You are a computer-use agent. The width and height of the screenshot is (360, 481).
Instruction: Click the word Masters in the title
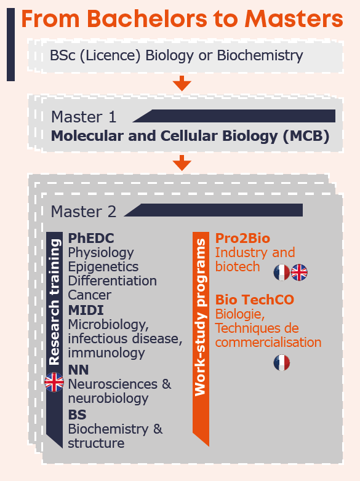click(x=294, y=18)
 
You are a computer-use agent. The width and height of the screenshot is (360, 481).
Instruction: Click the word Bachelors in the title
click(x=147, y=18)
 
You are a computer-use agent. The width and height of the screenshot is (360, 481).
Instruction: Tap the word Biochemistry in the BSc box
click(x=260, y=55)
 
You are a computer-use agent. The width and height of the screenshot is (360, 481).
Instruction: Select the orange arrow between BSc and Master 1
click(x=182, y=83)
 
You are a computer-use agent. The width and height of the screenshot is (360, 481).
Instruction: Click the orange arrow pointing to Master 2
click(x=182, y=162)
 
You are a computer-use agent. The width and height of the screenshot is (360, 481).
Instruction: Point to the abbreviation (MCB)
click(x=306, y=136)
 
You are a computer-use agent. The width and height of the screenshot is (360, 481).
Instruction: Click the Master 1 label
click(x=84, y=117)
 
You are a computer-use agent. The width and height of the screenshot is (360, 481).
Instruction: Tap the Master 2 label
click(x=84, y=212)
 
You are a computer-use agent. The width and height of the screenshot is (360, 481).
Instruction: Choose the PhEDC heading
click(x=91, y=238)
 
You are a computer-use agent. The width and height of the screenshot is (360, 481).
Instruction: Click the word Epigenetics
click(x=103, y=267)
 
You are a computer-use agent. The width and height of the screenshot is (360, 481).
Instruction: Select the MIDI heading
click(x=86, y=310)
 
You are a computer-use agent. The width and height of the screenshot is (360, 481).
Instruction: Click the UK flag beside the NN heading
click(x=54, y=382)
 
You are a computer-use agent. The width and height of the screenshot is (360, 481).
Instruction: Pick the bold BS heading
click(x=77, y=415)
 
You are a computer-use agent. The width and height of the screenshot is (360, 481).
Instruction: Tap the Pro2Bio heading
click(x=242, y=238)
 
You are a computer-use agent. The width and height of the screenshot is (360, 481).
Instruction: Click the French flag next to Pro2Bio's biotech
click(x=282, y=272)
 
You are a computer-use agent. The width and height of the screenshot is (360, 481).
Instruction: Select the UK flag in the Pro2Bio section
click(x=299, y=272)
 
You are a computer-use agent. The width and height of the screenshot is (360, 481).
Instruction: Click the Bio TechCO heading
click(x=255, y=300)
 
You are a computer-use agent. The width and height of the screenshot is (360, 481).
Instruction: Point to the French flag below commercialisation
click(x=282, y=362)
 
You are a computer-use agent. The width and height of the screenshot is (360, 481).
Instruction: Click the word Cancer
click(x=90, y=295)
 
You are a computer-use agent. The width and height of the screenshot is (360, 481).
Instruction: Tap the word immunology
click(x=106, y=353)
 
